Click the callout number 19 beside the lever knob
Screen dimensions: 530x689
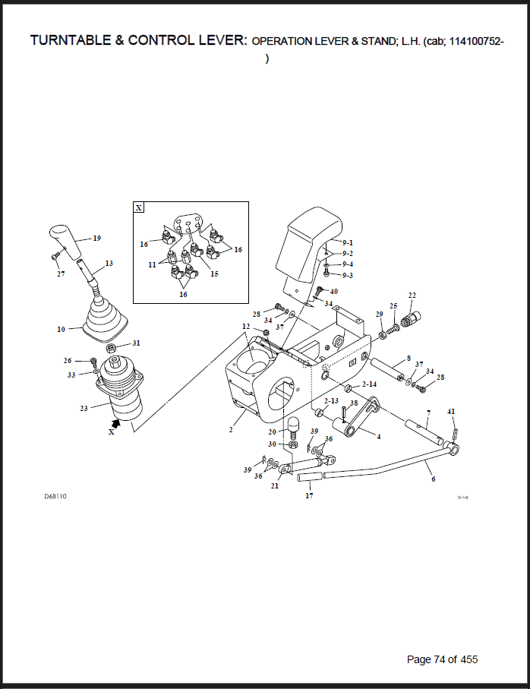(x=97, y=239)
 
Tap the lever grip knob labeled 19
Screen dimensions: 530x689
(x=66, y=242)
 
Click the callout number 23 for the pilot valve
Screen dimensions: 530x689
(x=84, y=408)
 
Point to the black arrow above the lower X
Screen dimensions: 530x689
(x=116, y=422)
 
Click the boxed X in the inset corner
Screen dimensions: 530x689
(x=139, y=207)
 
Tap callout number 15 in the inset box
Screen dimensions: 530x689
(x=214, y=273)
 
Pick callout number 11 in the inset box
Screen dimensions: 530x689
(x=152, y=265)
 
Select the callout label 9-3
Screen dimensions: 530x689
(x=348, y=275)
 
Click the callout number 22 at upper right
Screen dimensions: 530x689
(x=412, y=296)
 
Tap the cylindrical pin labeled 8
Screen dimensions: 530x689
(x=387, y=369)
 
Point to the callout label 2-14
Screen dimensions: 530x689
(x=369, y=384)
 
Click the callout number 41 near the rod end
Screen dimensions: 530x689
(x=451, y=412)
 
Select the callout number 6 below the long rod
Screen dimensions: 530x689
(x=434, y=479)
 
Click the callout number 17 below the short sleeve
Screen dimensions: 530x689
(x=309, y=495)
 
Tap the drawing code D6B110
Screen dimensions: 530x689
(x=55, y=497)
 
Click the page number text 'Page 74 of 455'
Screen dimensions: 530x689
(x=442, y=659)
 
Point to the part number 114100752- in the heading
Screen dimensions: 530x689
(x=476, y=41)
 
